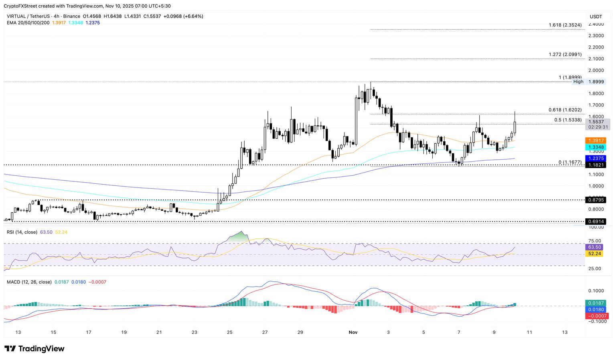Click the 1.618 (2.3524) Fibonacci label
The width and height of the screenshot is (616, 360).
pyautogui.click(x=565, y=25)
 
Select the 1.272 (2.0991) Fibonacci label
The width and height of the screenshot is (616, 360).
pyautogui.click(x=565, y=55)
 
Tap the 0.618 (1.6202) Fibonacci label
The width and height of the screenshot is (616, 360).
pyautogui.click(x=565, y=110)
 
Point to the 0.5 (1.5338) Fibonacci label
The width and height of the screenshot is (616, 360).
pyautogui.click(x=568, y=120)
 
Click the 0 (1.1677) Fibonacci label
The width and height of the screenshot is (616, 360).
pyautogui.click(x=570, y=162)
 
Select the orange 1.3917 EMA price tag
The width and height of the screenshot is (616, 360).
pyautogui.click(x=596, y=140)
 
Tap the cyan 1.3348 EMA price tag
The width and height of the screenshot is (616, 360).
pyautogui.click(x=596, y=147)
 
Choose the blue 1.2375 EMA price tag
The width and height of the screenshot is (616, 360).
pyautogui.click(x=596, y=159)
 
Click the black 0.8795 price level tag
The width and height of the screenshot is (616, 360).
pyautogui.click(x=596, y=200)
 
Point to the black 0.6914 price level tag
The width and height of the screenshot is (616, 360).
pyautogui.click(x=596, y=222)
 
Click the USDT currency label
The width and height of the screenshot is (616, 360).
pyautogui.click(x=596, y=16)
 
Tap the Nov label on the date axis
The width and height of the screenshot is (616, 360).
pyautogui.click(x=353, y=332)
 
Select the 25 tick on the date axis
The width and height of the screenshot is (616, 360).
pyautogui.click(x=229, y=332)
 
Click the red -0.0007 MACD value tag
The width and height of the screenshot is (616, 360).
pyautogui.click(x=596, y=316)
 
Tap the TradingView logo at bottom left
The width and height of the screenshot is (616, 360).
pyautogui.click(x=34, y=349)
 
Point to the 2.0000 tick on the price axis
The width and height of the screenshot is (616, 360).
pyautogui.click(x=596, y=70)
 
